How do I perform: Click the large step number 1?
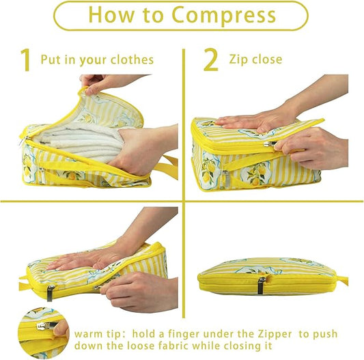click(25, 61)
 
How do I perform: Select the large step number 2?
click(211, 61)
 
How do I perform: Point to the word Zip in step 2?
click(239, 60)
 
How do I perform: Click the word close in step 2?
click(267, 60)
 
